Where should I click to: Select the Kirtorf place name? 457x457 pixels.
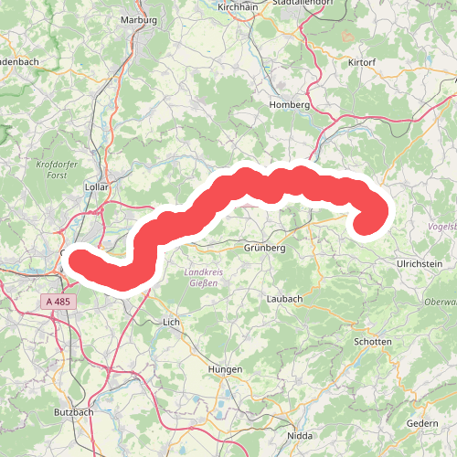click(x=362, y=62)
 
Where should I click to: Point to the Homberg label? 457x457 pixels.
click(x=291, y=105)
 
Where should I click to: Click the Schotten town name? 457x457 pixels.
click(x=372, y=341)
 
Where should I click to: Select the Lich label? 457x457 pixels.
click(x=171, y=323)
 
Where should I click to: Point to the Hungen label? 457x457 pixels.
click(x=225, y=368)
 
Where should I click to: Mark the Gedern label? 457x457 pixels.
click(x=423, y=423)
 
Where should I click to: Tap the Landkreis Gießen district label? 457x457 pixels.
click(x=203, y=277)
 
